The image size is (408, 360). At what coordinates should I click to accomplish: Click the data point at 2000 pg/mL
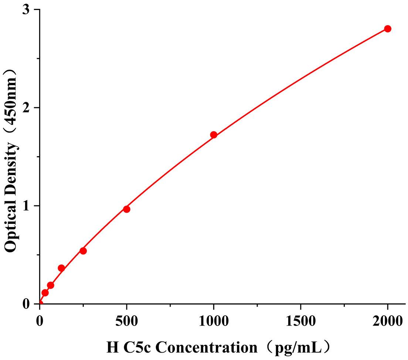coord(387,29)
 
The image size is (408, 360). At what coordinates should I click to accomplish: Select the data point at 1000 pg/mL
coord(213,135)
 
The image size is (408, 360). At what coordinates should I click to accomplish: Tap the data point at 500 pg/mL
coord(126,209)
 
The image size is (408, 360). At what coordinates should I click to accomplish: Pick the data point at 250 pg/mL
coord(83,251)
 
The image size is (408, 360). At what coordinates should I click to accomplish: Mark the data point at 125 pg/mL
coord(61,268)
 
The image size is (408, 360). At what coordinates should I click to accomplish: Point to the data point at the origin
coord(40,303)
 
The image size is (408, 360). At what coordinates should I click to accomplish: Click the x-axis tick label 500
coord(126,320)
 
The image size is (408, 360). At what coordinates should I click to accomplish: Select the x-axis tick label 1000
coord(213,320)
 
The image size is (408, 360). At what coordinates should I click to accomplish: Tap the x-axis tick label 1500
coord(300,320)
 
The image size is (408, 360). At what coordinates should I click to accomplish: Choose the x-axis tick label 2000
coord(387,320)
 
